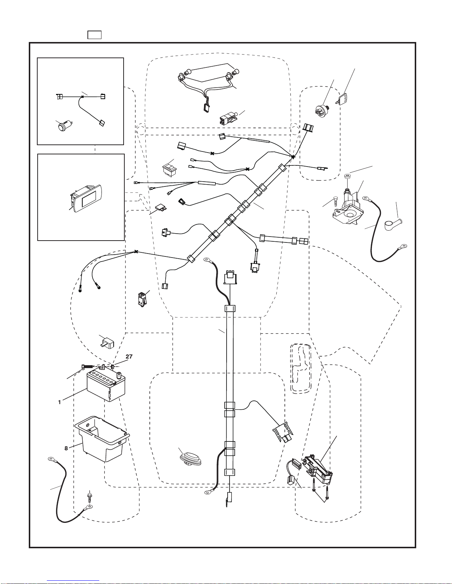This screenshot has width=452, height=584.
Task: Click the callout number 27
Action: tap(129, 357)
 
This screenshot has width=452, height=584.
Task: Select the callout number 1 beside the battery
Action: tap(59, 402)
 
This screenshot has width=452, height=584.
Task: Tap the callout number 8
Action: tap(66, 448)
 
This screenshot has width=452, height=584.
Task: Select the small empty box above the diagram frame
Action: tap(94, 35)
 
